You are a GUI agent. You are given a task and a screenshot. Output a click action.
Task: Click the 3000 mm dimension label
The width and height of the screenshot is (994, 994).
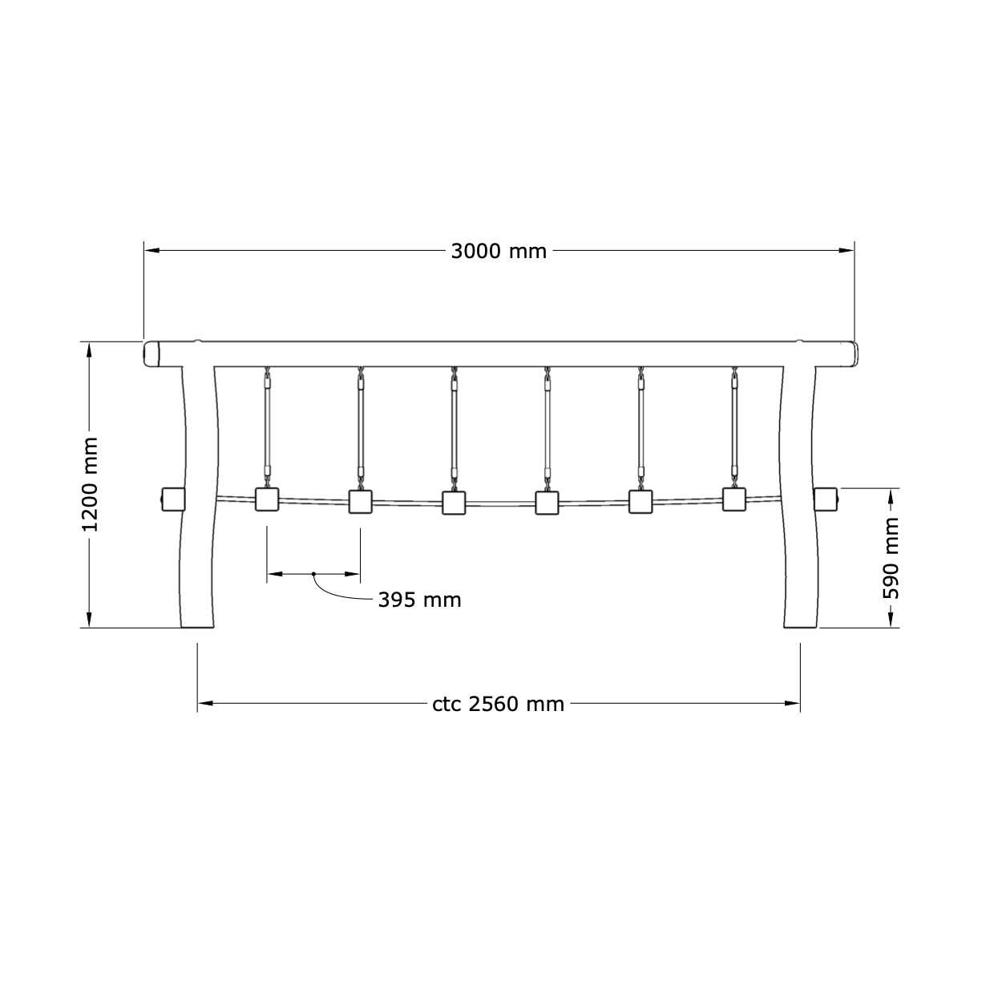pos(499,251)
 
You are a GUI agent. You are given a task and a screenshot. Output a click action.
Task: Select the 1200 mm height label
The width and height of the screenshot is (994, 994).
pos(91,484)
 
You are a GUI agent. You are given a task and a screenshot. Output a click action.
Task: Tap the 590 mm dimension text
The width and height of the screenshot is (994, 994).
pos(891,558)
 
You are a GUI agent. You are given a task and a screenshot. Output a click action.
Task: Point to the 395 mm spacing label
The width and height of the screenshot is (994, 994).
pos(419,600)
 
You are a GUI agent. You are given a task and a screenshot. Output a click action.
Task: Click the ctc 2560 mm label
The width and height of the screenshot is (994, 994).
pos(499,704)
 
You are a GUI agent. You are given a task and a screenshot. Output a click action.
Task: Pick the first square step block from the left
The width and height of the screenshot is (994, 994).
pos(267,499)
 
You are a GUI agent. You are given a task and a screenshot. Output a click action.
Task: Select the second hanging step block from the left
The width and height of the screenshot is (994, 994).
pos(360,501)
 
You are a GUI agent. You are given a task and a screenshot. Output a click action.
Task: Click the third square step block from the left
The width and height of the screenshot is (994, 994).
pos(454,503)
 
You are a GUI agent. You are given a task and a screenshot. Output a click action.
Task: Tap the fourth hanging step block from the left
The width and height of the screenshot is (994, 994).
pos(547,503)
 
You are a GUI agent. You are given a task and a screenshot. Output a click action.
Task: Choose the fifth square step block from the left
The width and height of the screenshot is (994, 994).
pos(640,501)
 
